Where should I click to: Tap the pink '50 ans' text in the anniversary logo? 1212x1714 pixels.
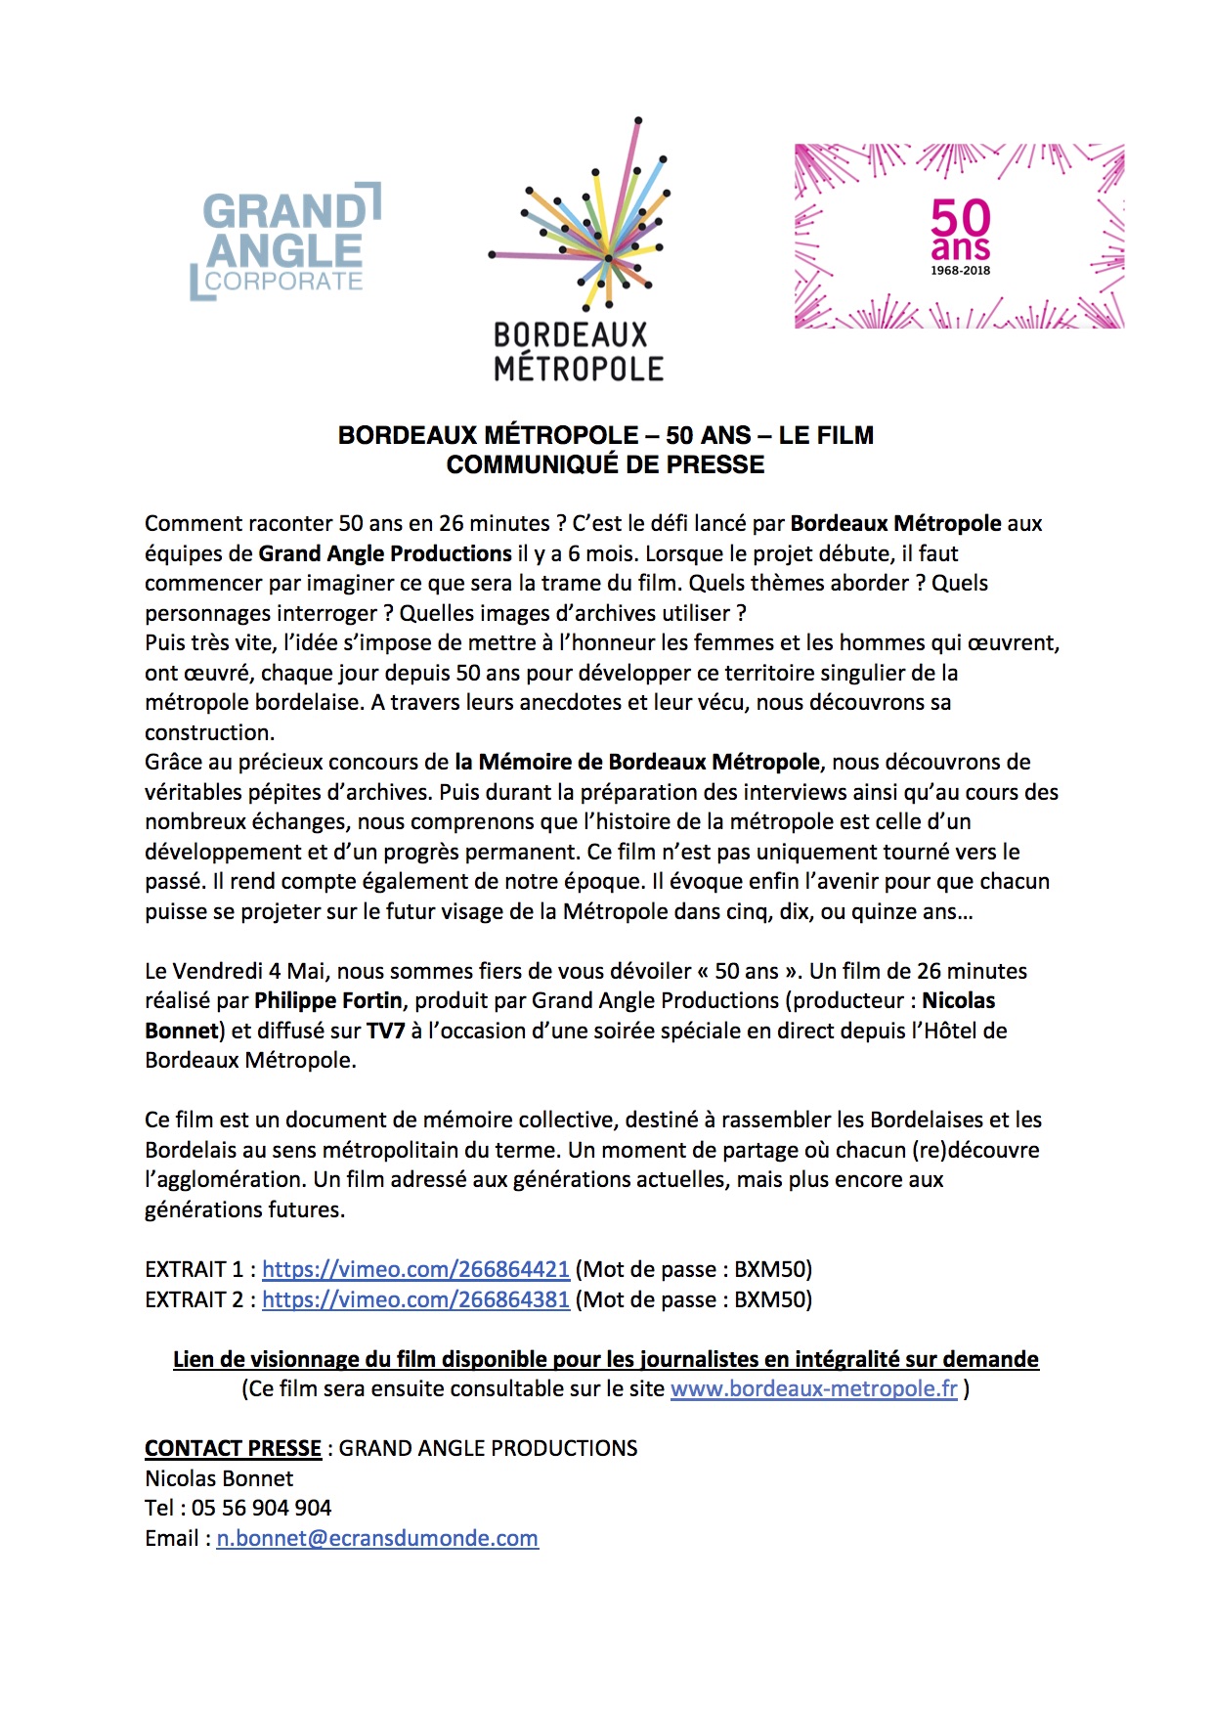(x=960, y=229)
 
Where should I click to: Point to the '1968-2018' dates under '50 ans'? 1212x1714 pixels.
(x=960, y=271)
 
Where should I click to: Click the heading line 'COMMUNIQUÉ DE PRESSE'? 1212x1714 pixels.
(x=605, y=465)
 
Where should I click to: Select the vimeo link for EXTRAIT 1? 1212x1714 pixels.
(x=415, y=1269)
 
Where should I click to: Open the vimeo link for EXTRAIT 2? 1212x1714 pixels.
(x=415, y=1299)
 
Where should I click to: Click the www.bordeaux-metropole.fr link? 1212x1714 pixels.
(x=813, y=1388)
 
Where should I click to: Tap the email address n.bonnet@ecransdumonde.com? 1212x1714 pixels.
(x=377, y=1538)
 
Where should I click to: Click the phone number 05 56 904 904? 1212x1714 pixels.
(x=261, y=1508)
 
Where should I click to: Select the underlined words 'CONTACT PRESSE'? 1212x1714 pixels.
(x=233, y=1448)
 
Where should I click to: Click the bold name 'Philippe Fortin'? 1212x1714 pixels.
(x=328, y=1000)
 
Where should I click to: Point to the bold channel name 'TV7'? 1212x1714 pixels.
(x=385, y=1031)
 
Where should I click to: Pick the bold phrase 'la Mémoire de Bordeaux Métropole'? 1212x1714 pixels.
(x=637, y=762)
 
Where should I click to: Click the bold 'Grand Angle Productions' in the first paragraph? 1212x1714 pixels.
(x=385, y=553)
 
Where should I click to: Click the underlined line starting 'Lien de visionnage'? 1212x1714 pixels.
(x=605, y=1359)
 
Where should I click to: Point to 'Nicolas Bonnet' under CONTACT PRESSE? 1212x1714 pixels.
(x=219, y=1478)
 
